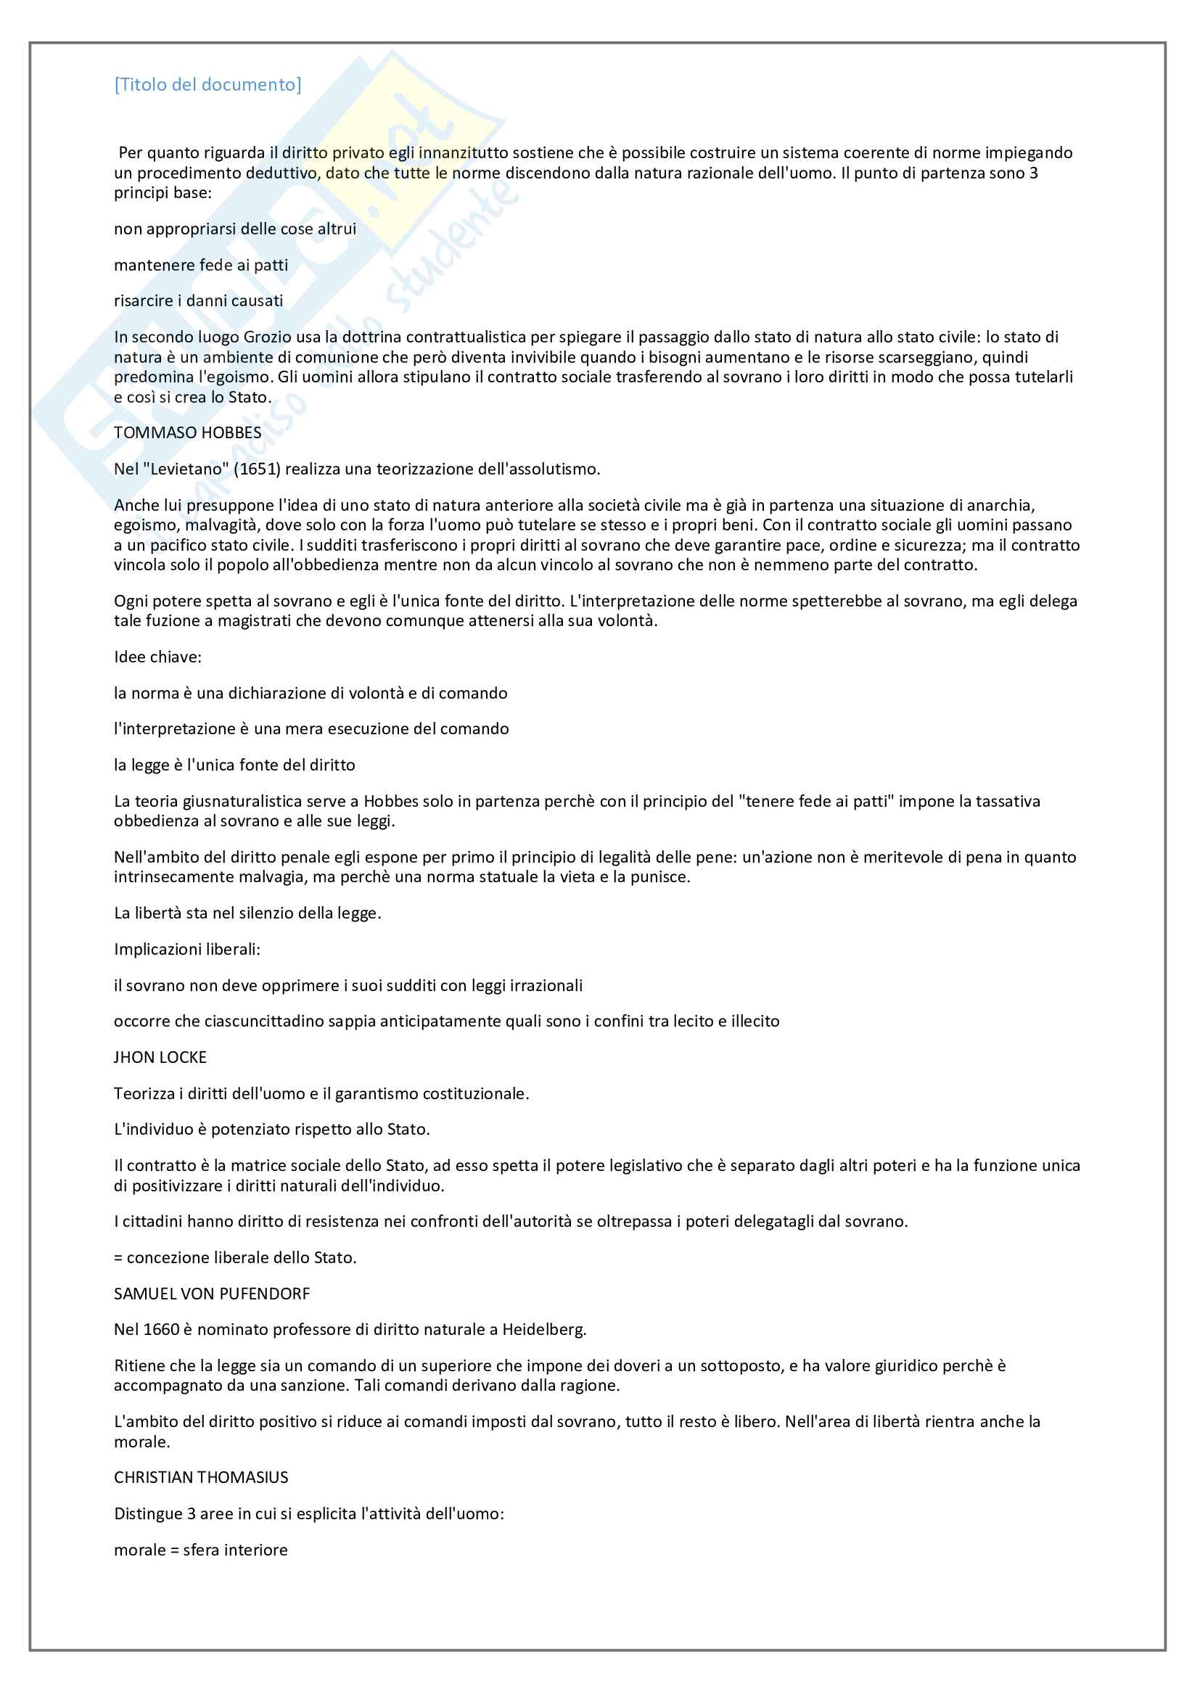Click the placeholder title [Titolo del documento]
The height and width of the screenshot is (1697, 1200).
click(x=207, y=85)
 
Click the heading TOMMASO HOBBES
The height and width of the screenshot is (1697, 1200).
click(x=188, y=433)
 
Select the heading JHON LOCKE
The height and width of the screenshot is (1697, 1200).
click(x=160, y=1058)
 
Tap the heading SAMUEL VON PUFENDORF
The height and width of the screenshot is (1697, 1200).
click(x=212, y=1294)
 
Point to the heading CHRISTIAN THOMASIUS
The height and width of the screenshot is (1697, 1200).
click(x=201, y=1477)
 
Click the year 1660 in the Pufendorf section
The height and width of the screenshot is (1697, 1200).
click(x=161, y=1330)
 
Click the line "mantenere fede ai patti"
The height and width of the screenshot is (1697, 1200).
click(x=201, y=266)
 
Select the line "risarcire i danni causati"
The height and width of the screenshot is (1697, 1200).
click(x=198, y=301)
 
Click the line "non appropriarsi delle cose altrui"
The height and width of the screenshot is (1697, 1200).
click(x=235, y=229)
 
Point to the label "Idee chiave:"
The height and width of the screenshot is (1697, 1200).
click(x=157, y=657)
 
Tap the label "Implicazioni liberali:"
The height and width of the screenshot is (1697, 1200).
click(x=187, y=950)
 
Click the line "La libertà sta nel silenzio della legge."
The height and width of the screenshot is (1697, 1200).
click(x=247, y=913)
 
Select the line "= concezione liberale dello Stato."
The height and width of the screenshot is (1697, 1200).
click(x=235, y=1258)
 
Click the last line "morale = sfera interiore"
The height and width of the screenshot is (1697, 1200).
click(x=201, y=1550)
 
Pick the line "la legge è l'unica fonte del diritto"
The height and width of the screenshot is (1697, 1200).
click(x=234, y=765)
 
